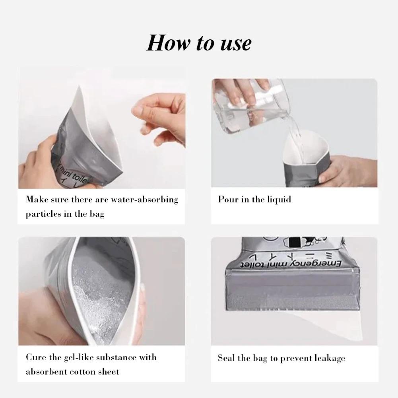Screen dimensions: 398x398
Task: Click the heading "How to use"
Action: pos(199,43)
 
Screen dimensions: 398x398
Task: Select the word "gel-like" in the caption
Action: pos(76,357)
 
